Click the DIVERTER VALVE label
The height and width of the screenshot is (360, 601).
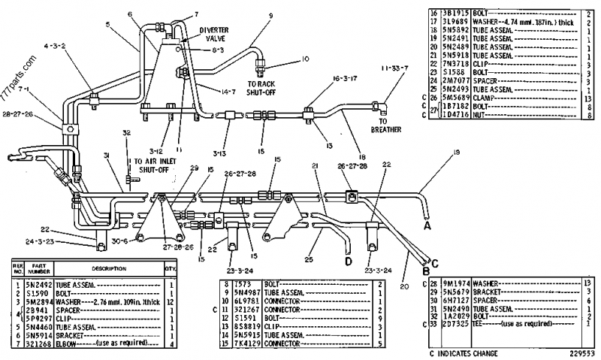[x=213, y=35]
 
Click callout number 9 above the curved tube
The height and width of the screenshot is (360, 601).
[x=270, y=14]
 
